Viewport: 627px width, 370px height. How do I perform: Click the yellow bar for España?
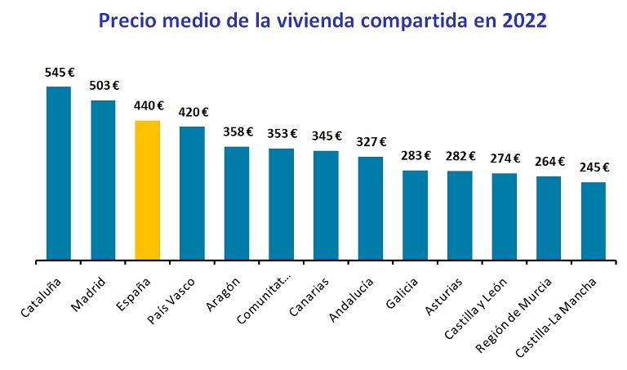[x=148, y=190]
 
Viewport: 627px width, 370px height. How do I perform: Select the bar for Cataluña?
[x=59, y=173]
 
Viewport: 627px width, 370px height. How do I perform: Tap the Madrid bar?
[x=103, y=180]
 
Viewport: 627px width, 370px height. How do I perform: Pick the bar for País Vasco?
[x=192, y=194]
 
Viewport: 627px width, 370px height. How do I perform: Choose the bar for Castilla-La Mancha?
[x=594, y=221]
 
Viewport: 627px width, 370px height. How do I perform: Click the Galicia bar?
[x=415, y=216]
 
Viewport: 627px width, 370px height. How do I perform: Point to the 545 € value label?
[x=59, y=73]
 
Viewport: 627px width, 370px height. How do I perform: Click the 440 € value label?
[x=148, y=106]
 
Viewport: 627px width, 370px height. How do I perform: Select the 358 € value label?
[x=237, y=132]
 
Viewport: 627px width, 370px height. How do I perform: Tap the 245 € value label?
[x=594, y=167]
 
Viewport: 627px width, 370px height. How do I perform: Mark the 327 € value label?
[x=371, y=142]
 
